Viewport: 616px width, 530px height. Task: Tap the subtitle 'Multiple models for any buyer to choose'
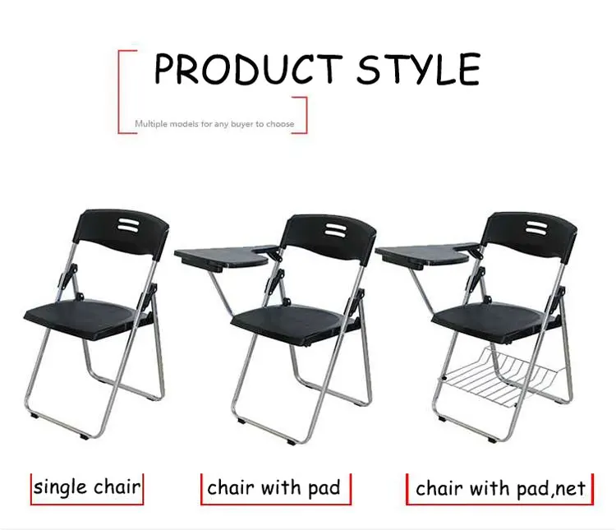[x=214, y=124]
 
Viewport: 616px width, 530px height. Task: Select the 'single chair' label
[x=86, y=487]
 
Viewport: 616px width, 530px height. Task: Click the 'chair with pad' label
[x=274, y=488]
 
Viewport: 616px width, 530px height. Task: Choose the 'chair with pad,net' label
[x=500, y=489]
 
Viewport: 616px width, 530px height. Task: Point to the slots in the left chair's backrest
[x=129, y=224]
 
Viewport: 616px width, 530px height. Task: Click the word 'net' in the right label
[x=569, y=490]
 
